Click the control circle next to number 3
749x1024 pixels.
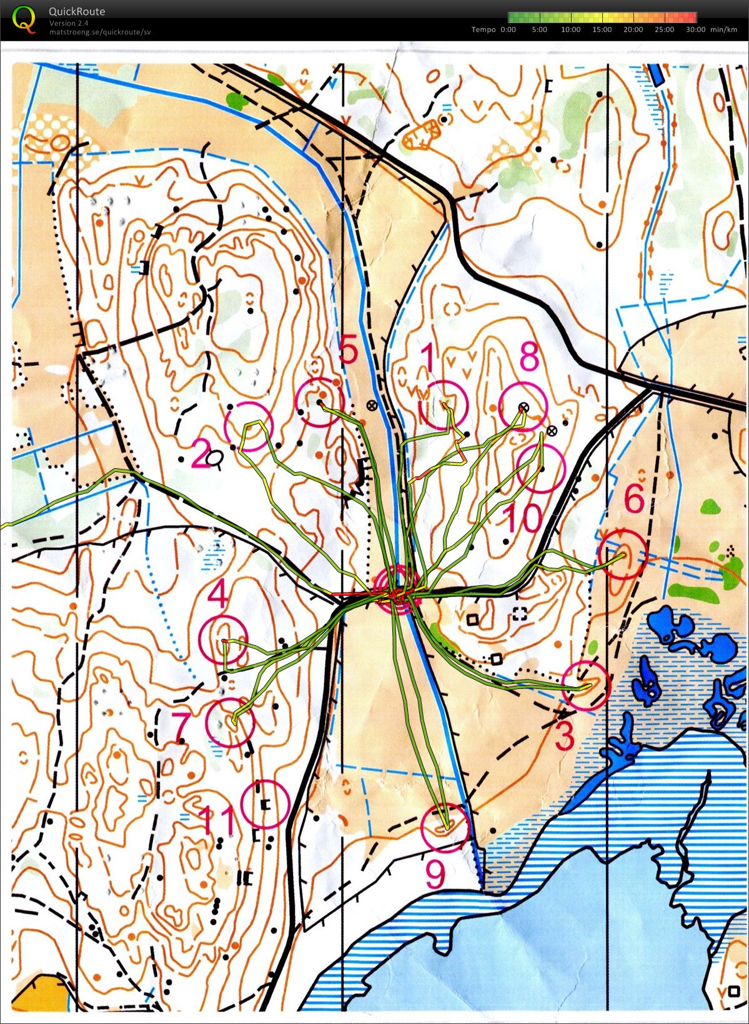tap(585, 686)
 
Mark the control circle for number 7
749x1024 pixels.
tap(230, 722)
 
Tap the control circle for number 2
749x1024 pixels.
tap(249, 427)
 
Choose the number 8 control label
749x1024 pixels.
tap(529, 359)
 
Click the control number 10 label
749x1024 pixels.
tap(523, 518)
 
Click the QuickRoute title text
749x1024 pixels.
tap(77, 11)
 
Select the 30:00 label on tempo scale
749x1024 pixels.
tap(695, 29)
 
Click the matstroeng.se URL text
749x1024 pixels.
tap(100, 31)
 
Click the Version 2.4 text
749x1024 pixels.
tap(69, 23)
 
